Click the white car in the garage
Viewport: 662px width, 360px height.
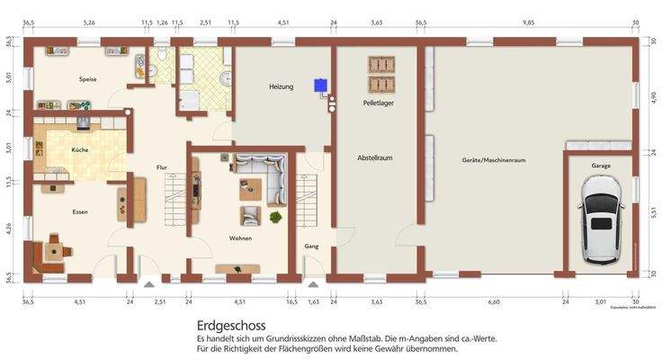coord(601,219)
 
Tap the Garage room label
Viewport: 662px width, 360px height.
coord(601,166)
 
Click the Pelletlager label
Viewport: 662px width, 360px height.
coord(379,103)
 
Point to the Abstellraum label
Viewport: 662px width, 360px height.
coord(375,157)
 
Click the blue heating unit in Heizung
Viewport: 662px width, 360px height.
coord(319,86)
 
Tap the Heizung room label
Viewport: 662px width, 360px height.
coord(282,86)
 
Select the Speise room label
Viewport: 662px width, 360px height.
coord(87,79)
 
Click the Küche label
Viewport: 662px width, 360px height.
coord(80,149)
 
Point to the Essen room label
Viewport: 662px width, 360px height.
coord(80,211)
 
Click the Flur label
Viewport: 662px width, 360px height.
coord(162,167)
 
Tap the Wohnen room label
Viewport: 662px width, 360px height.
coord(240,238)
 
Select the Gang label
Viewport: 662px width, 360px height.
coord(311,245)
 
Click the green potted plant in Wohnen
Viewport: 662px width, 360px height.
coord(275,217)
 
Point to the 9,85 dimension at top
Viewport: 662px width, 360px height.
coord(528,22)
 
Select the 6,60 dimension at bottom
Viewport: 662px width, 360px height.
coord(493,302)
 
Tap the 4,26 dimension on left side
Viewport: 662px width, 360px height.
coord(7,229)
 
